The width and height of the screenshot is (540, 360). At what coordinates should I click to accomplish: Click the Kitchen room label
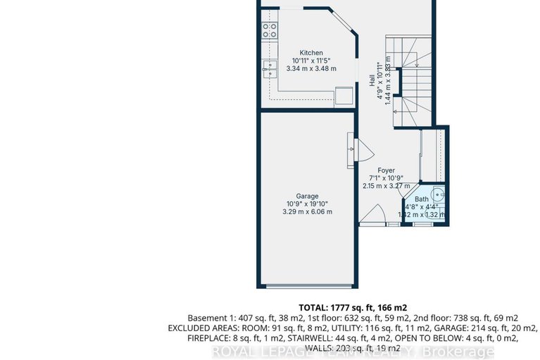point(311,53)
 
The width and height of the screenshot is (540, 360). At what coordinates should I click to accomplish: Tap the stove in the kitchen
point(270,30)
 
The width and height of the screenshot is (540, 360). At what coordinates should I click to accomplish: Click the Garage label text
point(307,196)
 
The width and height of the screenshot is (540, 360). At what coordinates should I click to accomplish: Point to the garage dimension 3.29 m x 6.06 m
point(307,211)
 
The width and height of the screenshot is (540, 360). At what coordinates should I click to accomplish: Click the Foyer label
point(386,170)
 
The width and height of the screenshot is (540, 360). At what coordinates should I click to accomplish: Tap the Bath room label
point(421,199)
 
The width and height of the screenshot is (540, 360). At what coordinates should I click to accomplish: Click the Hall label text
point(372,82)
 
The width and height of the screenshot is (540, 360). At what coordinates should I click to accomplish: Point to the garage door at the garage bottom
point(307,286)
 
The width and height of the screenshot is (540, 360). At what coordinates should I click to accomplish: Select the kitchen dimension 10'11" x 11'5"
point(311,61)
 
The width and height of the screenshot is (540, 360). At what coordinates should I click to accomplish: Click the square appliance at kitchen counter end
point(343,95)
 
